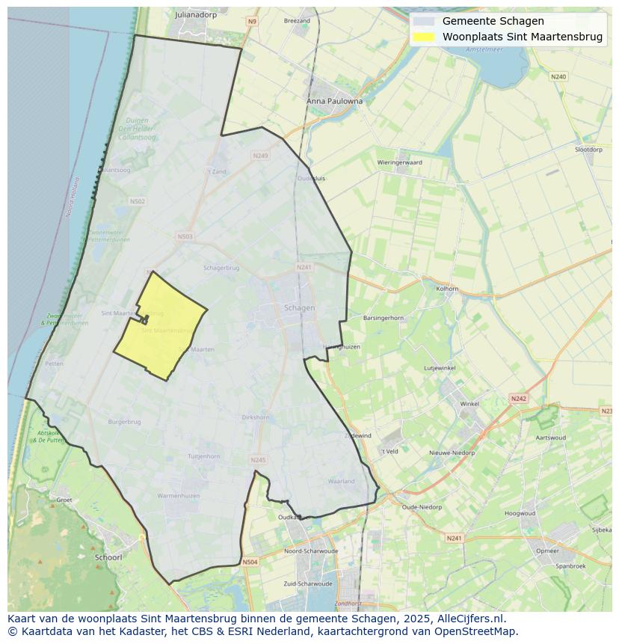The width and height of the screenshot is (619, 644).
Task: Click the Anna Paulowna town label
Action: click(334, 101)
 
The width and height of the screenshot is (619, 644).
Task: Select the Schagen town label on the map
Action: click(299, 307)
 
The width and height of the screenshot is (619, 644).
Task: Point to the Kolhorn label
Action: click(447, 288)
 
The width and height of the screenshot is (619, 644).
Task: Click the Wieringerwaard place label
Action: click(399, 162)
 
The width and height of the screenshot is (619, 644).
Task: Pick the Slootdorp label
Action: click(588, 150)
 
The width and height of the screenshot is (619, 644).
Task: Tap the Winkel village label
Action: click(469, 404)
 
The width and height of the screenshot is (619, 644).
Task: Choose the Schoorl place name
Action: click(108, 557)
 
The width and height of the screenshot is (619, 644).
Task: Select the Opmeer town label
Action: click(547, 551)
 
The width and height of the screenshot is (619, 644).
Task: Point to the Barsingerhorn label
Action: click(383, 318)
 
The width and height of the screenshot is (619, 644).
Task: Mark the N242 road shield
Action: click(519, 399)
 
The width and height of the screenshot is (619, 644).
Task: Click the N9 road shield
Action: click(251, 22)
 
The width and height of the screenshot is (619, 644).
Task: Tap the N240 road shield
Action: click(558, 76)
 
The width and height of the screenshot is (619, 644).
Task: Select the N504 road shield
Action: click(250, 562)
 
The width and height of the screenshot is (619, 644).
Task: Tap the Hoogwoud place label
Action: click(520, 514)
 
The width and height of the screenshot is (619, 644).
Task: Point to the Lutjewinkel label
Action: click(440, 368)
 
